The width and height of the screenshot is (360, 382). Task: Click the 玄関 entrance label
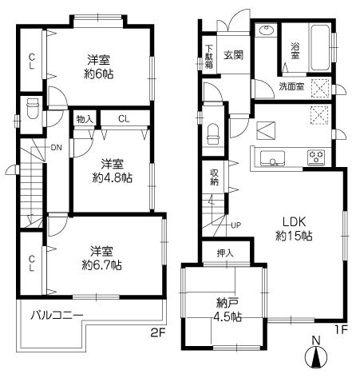(233, 55)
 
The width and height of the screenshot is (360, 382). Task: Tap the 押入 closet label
(225, 254)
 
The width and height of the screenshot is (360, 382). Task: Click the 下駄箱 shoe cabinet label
(208, 55)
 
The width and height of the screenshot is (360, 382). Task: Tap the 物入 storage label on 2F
(84, 119)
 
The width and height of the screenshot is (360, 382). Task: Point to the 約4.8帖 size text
(111, 177)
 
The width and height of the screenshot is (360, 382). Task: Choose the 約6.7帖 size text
(105, 265)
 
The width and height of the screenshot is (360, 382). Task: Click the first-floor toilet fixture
(212, 134)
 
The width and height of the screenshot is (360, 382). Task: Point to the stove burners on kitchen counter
(317, 158)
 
